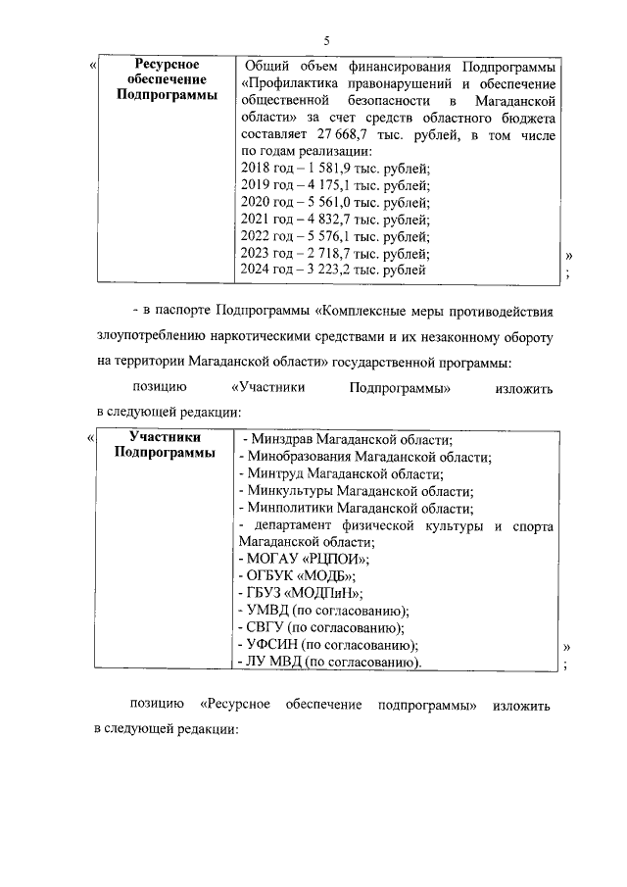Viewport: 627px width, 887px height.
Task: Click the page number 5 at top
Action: (328, 39)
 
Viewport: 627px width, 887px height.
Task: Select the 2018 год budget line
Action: (334, 168)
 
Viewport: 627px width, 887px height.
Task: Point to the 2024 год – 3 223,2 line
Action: (332, 270)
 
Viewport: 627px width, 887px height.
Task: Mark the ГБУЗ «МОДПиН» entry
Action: (301, 593)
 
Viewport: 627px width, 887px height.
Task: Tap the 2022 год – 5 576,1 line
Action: (334, 236)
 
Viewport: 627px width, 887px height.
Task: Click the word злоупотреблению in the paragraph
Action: (155, 337)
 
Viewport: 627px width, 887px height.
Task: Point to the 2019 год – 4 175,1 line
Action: (334, 185)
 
